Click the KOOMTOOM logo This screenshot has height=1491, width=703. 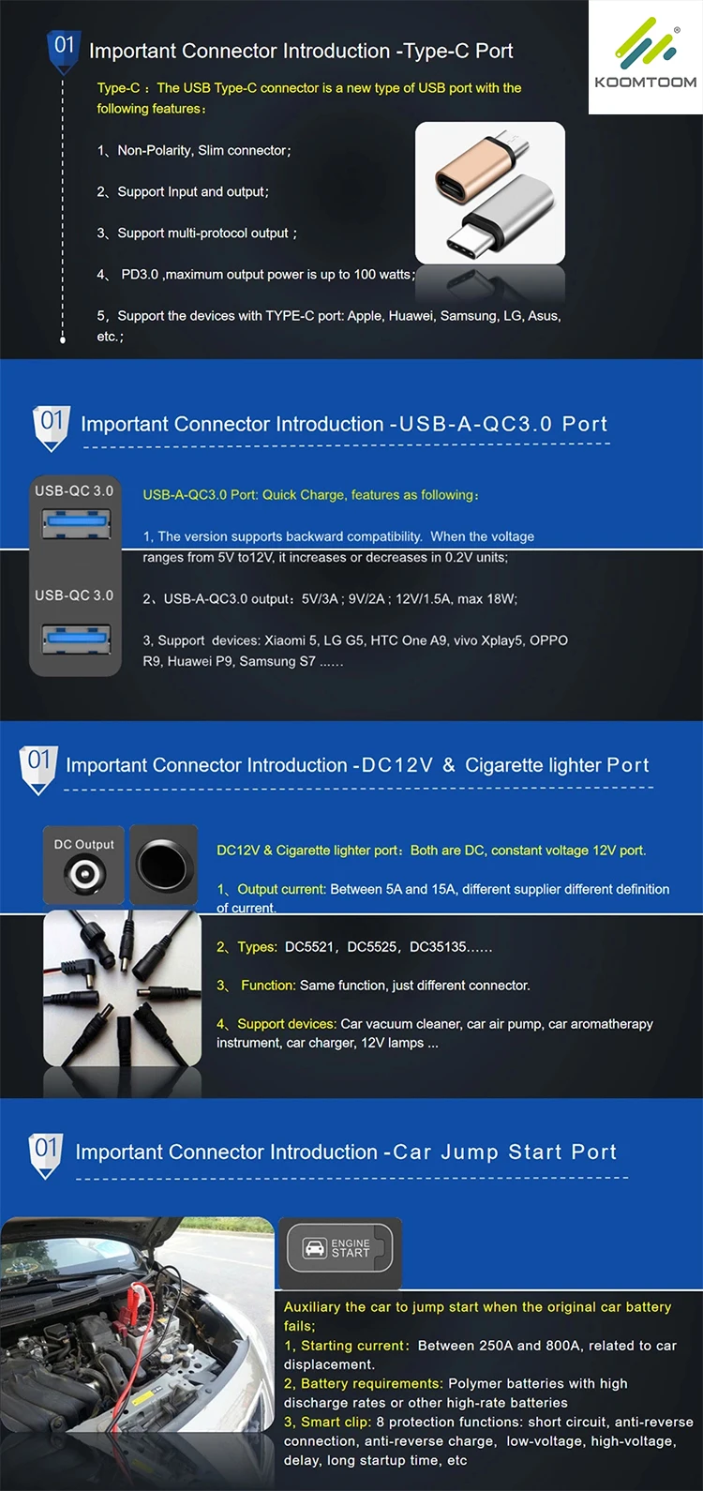click(646, 56)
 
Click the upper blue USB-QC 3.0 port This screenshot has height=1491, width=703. click(77, 522)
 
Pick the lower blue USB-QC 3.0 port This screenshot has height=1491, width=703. click(77, 639)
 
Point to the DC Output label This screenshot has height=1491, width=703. click(83, 844)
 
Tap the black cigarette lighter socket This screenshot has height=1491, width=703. click(164, 865)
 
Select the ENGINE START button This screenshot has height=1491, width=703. click(340, 1248)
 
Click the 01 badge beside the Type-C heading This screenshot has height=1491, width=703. click(64, 50)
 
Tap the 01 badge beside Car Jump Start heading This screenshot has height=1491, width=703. click(46, 1155)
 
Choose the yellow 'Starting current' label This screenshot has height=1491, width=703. click(352, 1346)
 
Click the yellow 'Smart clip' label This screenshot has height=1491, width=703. click(336, 1422)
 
